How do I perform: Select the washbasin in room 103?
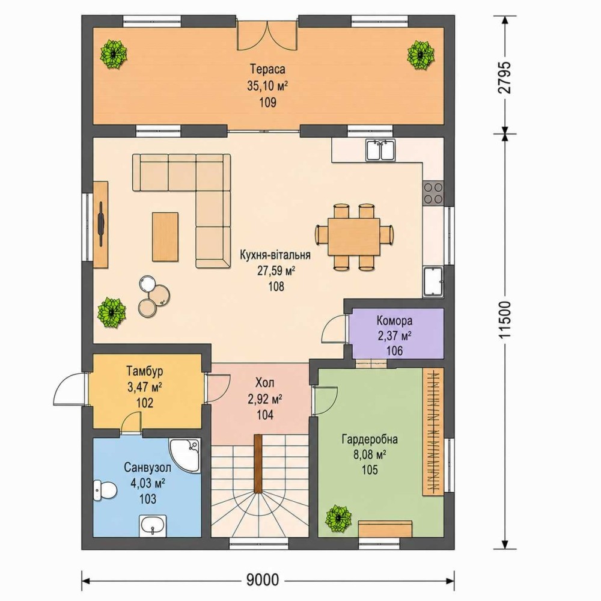[x=153, y=525]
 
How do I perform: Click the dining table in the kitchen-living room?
[x=354, y=236]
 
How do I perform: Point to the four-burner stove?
[x=433, y=193]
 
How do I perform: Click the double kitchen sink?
[x=380, y=150]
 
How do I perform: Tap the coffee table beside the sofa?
[x=165, y=237]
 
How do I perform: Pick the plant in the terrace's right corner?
[x=421, y=55]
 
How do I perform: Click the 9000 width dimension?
[x=263, y=581]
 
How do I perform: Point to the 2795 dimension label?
[x=505, y=78]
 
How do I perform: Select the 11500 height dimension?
[x=505, y=319]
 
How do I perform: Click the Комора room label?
[x=394, y=320]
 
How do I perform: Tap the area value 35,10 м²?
[x=267, y=86]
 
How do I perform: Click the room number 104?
[x=265, y=414]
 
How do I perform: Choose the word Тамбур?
[x=145, y=371]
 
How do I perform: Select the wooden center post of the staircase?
[x=258, y=463]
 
